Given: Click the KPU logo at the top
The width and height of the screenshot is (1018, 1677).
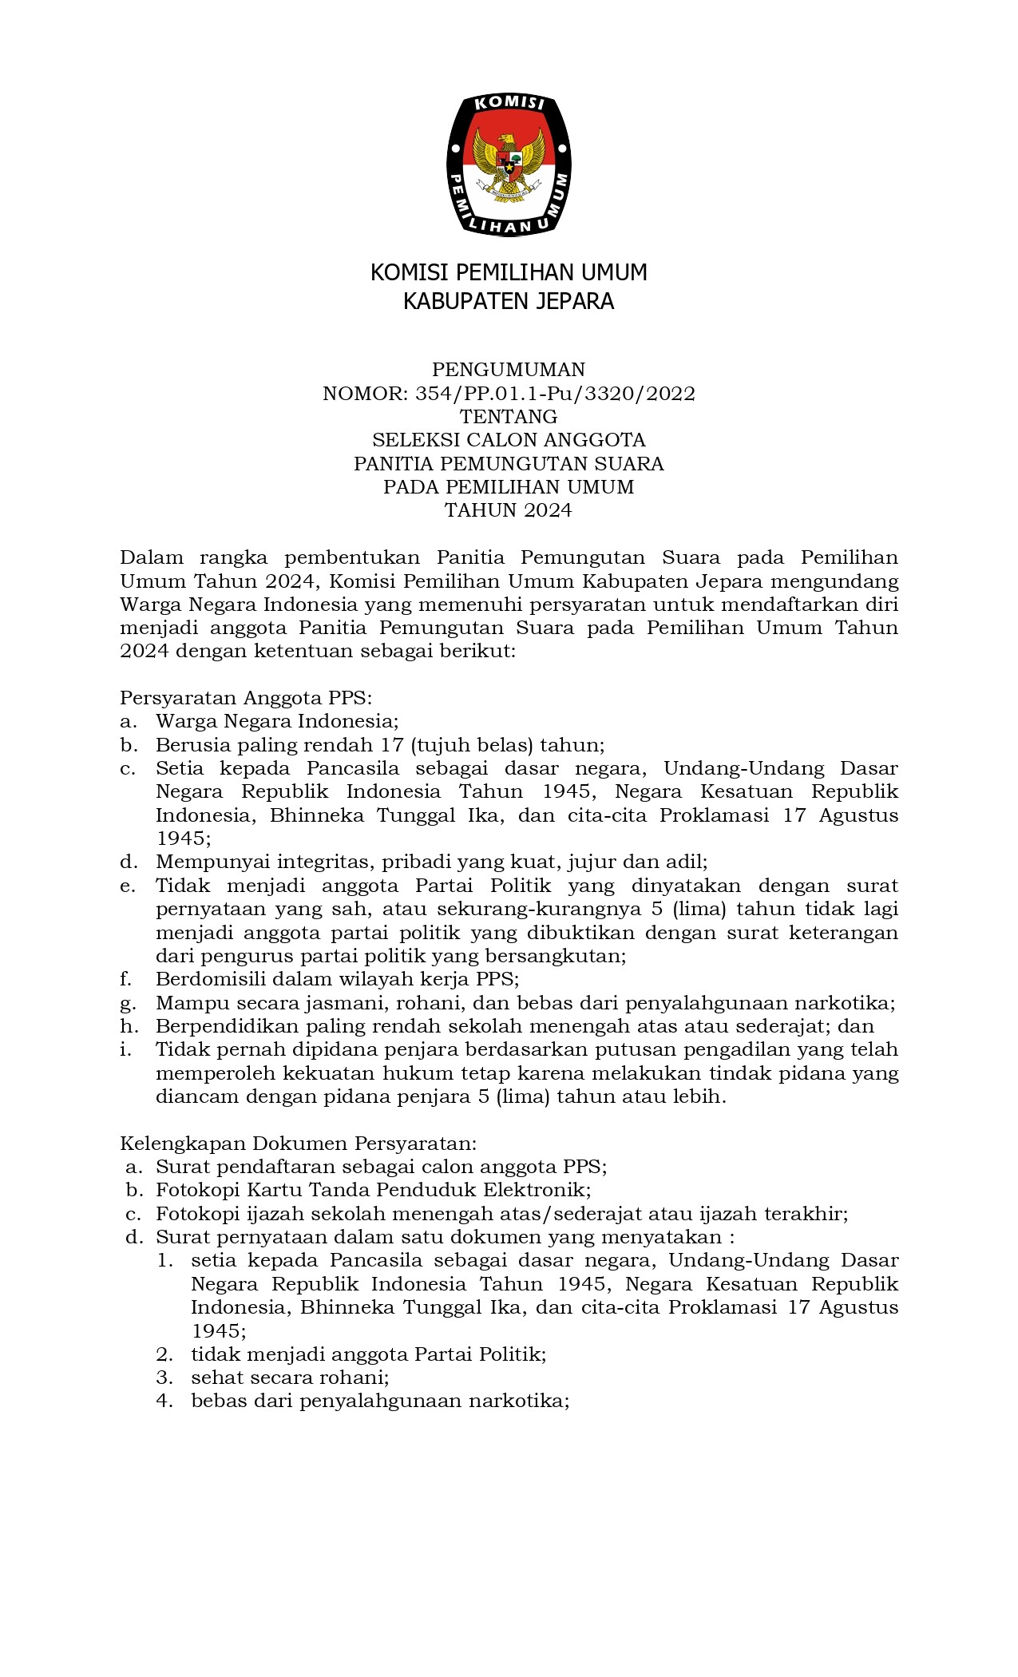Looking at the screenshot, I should (509, 165).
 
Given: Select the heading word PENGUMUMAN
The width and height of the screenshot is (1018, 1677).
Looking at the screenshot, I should (509, 370).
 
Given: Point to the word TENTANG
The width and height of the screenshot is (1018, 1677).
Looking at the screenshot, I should (509, 417).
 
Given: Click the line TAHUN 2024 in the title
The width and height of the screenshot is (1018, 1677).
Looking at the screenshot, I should (509, 510).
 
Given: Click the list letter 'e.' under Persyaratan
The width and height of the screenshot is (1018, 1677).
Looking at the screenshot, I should (128, 886).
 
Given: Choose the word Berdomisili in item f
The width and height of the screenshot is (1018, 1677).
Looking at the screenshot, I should (204, 979).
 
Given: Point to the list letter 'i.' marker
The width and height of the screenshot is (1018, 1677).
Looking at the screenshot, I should (125, 1049).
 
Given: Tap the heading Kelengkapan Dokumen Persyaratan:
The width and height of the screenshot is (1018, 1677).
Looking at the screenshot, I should (298, 1144).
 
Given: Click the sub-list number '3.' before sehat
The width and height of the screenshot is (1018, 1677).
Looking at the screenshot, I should (164, 1378).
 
